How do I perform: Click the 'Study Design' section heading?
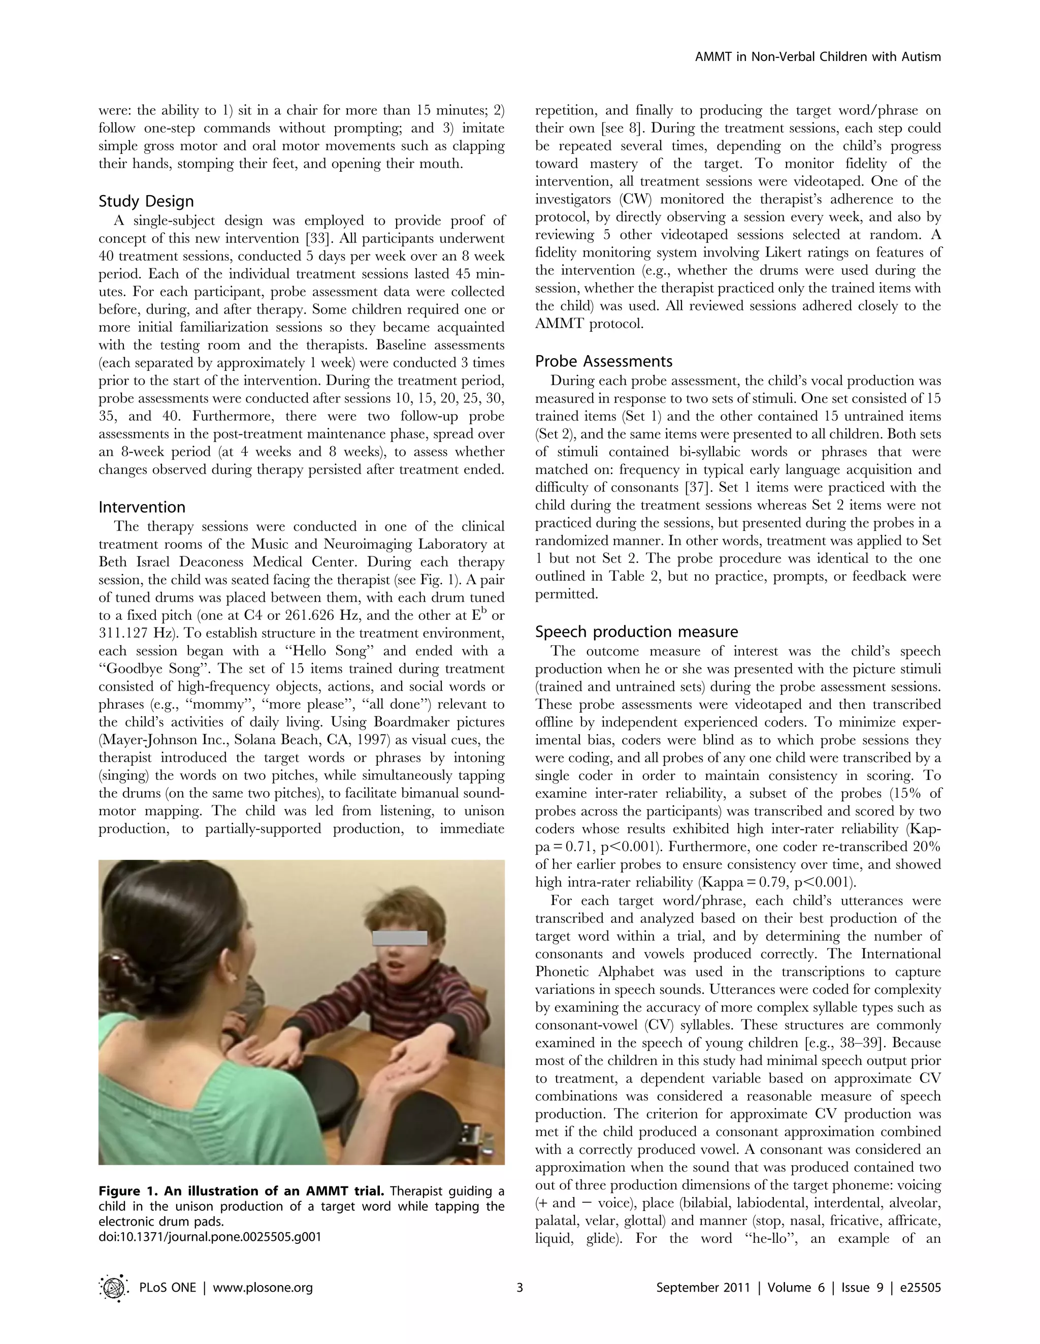(x=146, y=201)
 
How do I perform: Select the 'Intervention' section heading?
(x=142, y=507)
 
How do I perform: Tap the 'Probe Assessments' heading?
(x=603, y=361)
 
